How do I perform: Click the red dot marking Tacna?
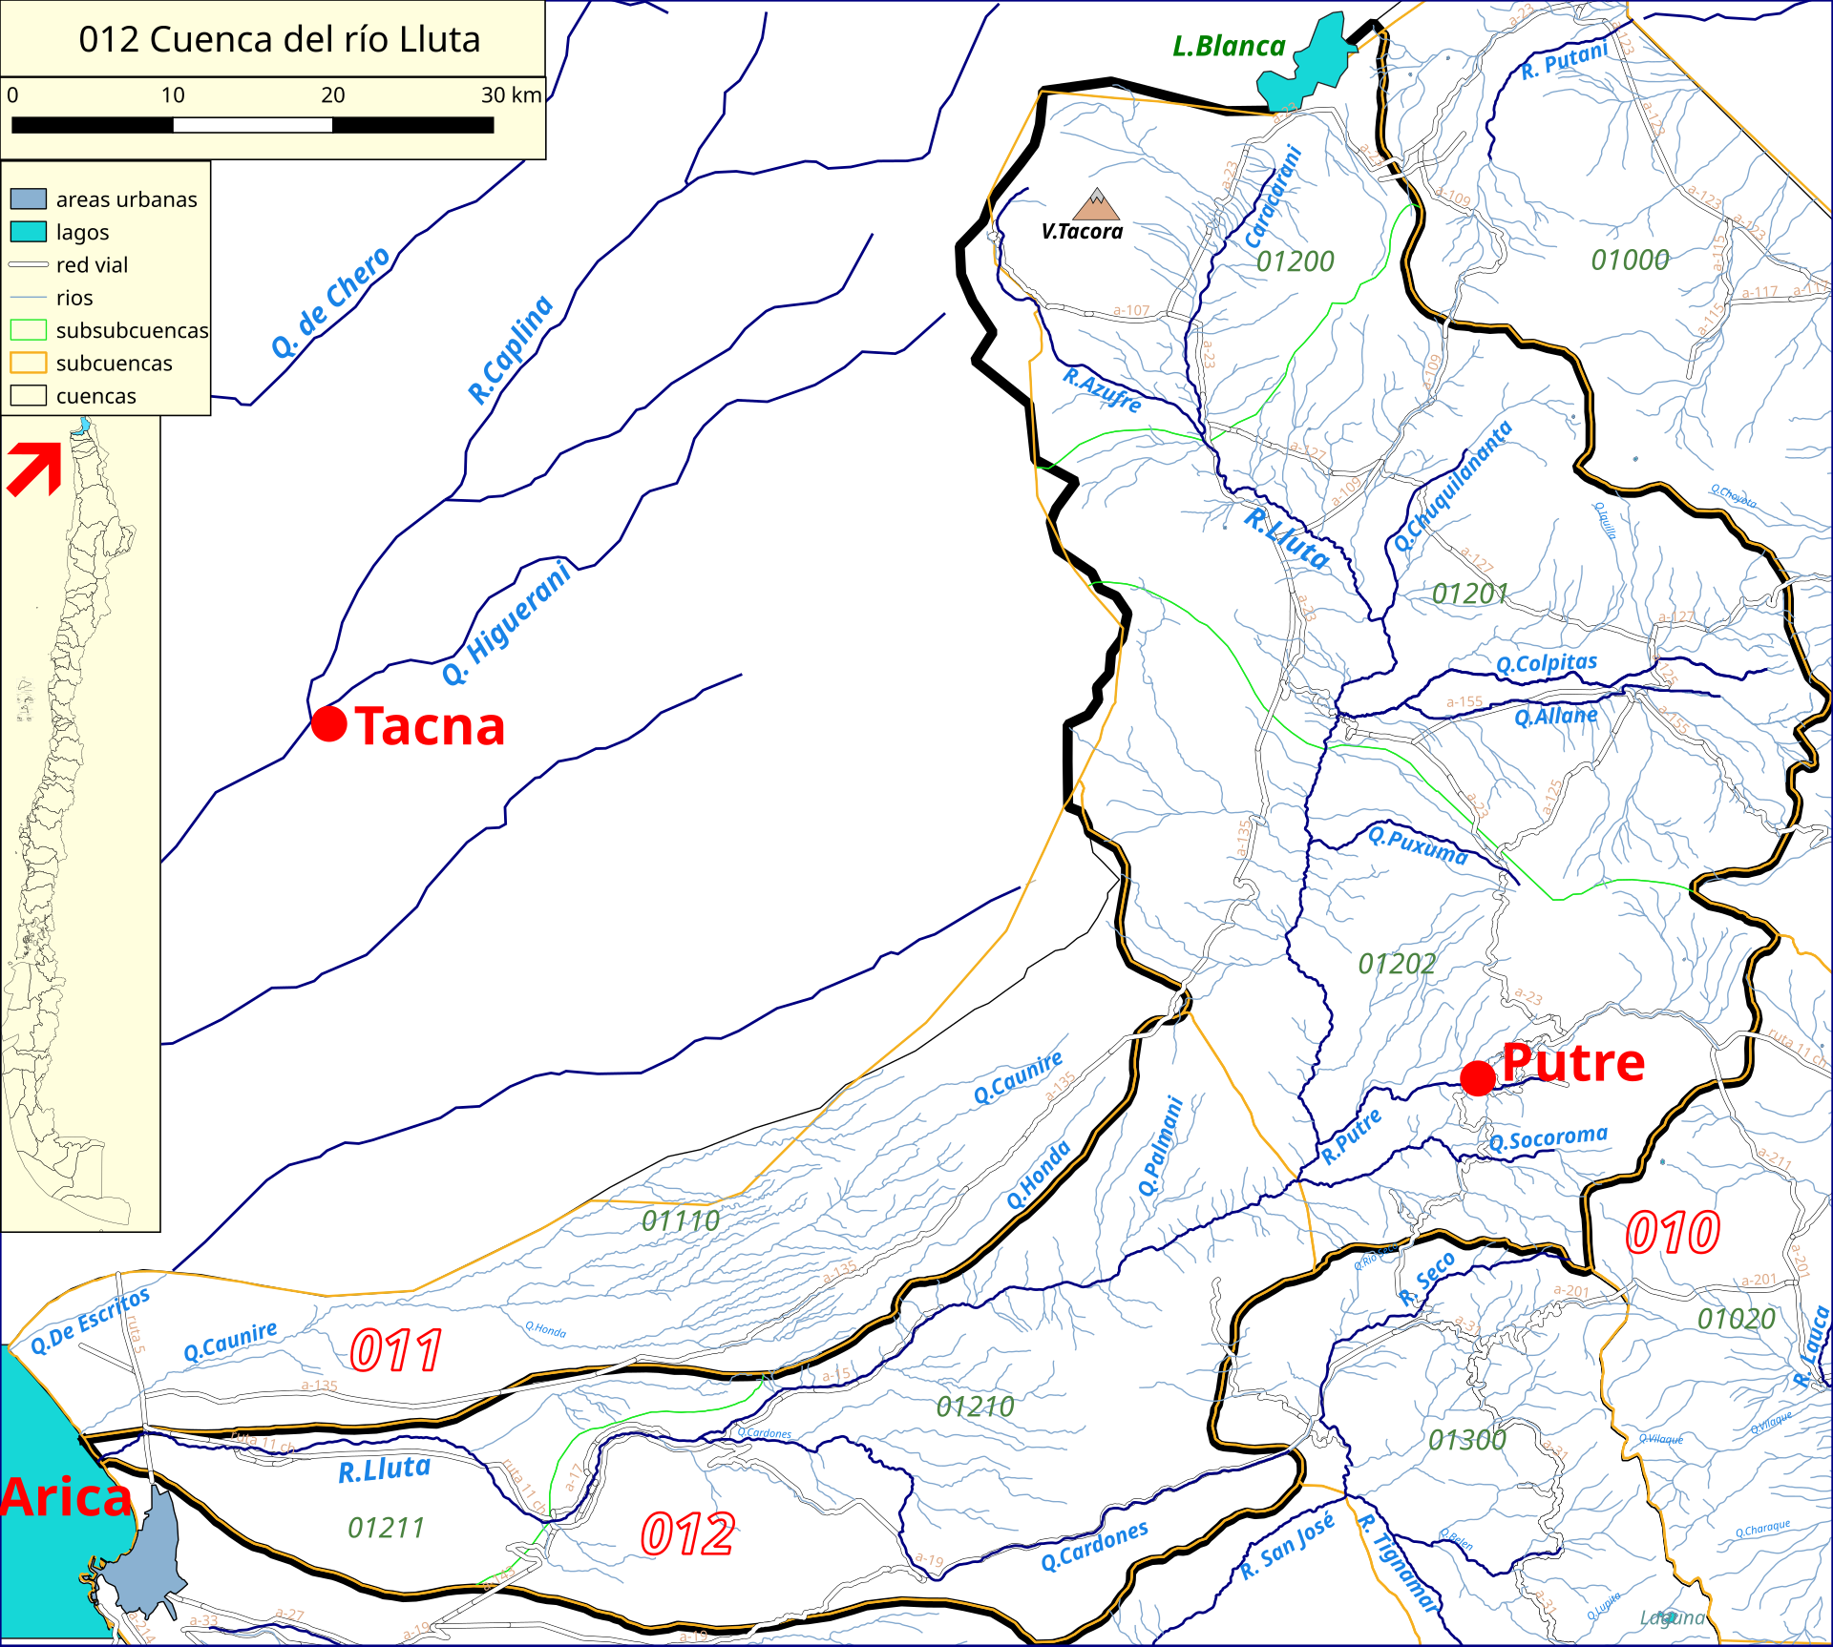[x=329, y=723]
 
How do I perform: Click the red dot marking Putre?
[x=1478, y=1078]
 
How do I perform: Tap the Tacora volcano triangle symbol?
[x=1097, y=203]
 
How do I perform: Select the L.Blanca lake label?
[x=1229, y=46]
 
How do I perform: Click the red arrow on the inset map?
[x=35, y=469]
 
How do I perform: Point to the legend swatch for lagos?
[x=29, y=232]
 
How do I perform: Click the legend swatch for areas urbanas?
[x=29, y=198]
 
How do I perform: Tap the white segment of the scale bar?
[x=252, y=125]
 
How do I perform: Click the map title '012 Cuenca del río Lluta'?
[x=279, y=39]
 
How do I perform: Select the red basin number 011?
[x=395, y=1350]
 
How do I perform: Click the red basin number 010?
[x=1673, y=1232]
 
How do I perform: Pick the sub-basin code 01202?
[x=1397, y=964]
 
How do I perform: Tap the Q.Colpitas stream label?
[x=1546, y=663]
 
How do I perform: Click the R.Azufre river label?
[x=1103, y=389]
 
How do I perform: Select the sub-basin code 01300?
[x=1466, y=1439]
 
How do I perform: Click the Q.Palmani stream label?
[x=1161, y=1146]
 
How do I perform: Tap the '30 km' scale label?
[x=511, y=95]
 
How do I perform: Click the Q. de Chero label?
[x=330, y=302]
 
